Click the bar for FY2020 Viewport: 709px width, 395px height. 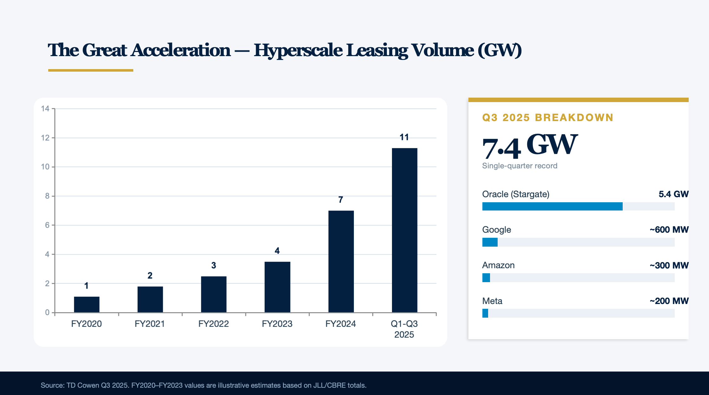87,304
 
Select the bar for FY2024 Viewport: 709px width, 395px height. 341,262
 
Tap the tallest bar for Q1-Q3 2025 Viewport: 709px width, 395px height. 404,230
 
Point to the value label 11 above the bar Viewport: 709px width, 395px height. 404,137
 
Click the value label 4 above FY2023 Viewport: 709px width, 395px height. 277,251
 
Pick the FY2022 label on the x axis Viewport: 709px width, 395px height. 214,324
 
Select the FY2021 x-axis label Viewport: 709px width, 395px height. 150,324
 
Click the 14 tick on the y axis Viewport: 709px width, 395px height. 45,109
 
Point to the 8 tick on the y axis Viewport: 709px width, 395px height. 47,196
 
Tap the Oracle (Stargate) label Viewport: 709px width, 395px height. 516,194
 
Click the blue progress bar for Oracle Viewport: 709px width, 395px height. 552,206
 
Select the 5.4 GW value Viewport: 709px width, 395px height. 673,194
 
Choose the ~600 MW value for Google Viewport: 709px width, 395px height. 669,230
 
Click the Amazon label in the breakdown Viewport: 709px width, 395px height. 498,265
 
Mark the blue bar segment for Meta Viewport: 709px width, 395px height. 485,313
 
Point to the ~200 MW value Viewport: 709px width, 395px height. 669,301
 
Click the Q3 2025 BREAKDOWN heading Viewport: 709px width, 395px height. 548,117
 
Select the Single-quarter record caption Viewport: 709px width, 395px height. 520,166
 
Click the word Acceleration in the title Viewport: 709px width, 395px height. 181,50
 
